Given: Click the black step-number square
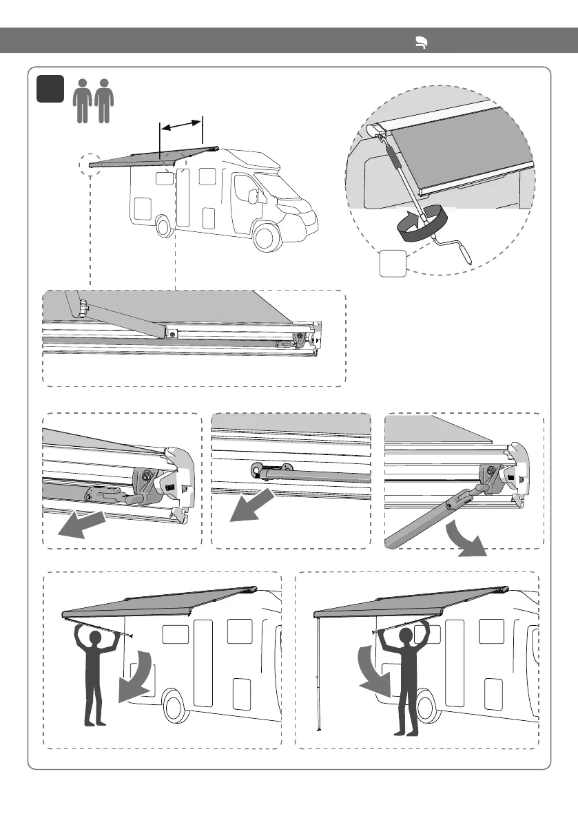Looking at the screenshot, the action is click(x=51, y=90).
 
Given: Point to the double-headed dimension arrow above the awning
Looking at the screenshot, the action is click(x=181, y=125).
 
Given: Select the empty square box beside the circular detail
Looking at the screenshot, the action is click(x=392, y=264).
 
